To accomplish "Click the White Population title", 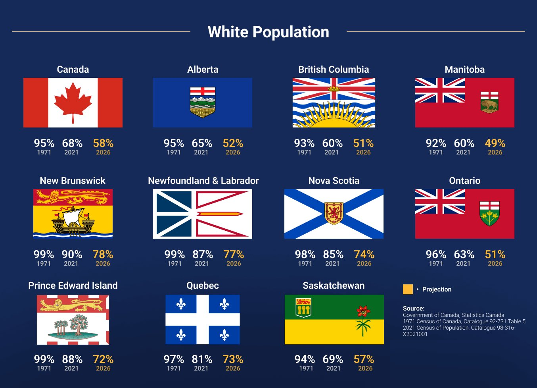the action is (268, 32).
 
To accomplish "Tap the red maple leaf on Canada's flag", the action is (73, 102).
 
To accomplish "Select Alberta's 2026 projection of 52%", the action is (233, 143).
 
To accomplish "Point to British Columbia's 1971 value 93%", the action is (304, 143).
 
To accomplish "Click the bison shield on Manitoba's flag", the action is (489, 102).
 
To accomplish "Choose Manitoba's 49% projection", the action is (495, 143).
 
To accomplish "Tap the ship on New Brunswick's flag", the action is (73, 220).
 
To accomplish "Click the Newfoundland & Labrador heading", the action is (203, 181).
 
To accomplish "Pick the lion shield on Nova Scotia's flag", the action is (334, 213).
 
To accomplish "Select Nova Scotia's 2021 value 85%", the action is (333, 255).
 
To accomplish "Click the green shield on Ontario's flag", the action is (489, 213).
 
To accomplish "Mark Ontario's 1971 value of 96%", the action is (436, 255).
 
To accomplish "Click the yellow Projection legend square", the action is (408, 290).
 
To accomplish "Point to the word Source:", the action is (414, 308).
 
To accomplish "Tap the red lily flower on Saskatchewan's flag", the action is (363, 311).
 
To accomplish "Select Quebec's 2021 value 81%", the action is (202, 359).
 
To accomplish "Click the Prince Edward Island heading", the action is (73, 286).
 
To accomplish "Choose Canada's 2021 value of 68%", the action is (72, 143).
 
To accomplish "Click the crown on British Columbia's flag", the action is (334, 88).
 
